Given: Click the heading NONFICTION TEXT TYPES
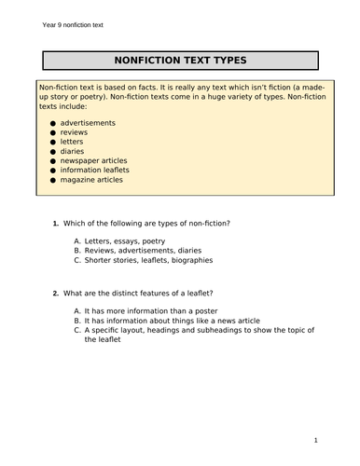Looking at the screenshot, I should point(179,59).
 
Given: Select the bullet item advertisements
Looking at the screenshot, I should point(88,122).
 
